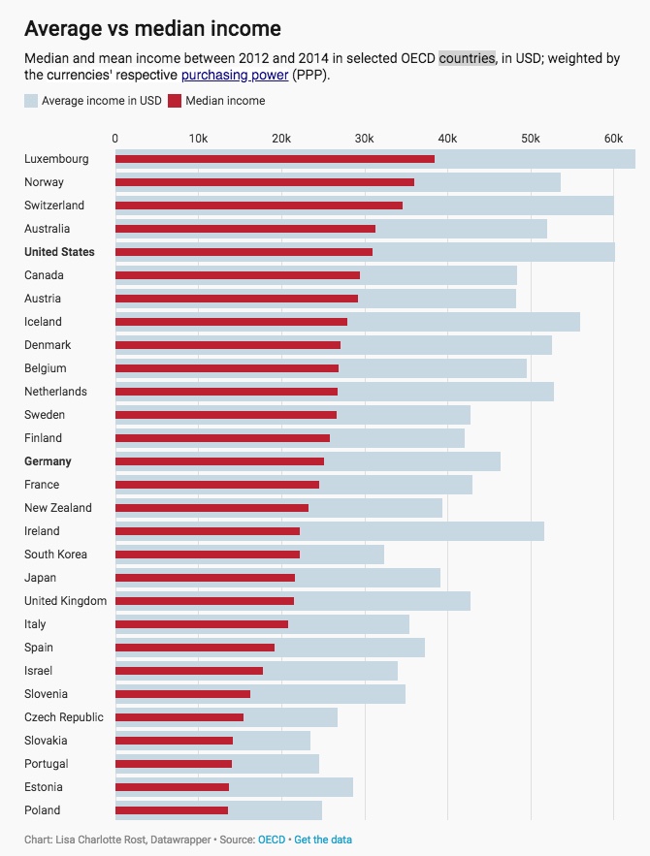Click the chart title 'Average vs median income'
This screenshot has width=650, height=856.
[152, 29]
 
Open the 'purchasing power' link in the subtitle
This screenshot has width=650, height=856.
[234, 75]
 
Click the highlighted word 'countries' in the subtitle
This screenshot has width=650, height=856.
[467, 58]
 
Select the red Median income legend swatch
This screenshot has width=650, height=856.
[175, 101]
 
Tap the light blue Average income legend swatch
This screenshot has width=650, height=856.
[31, 101]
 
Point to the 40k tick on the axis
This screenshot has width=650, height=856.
[446, 139]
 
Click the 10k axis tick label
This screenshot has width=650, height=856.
[198, 139]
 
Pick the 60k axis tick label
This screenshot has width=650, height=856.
[612, 139]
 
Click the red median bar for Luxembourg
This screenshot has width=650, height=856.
[275, 159]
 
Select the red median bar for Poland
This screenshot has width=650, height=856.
[172, 810]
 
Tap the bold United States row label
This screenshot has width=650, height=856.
[59, 252]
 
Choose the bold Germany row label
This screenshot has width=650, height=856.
[48, 461]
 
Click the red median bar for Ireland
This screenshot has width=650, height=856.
[208, 531]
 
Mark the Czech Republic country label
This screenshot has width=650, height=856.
[63, 717]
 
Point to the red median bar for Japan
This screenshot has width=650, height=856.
[205, 578]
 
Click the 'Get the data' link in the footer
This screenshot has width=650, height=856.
[323, 839]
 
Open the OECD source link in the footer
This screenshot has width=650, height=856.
[272, 839]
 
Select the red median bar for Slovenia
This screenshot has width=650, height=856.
[182, 694]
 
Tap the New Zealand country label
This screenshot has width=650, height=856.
[58, 508]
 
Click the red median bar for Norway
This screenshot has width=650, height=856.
[265, 182]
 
